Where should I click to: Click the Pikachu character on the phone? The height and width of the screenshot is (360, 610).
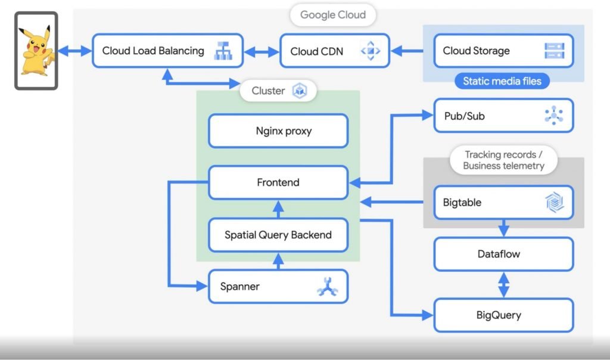pos(35,51)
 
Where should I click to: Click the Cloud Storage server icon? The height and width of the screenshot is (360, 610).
pos(554,51)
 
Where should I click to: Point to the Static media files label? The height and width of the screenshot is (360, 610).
pos(502,81)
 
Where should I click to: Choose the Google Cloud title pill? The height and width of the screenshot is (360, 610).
pos(332,15)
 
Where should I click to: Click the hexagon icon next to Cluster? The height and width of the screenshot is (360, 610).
pos(299,91)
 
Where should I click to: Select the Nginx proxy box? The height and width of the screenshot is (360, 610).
pos(278,131)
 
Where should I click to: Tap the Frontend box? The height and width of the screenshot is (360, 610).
pos(278,182)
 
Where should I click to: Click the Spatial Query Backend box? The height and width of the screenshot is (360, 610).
pos(278,235)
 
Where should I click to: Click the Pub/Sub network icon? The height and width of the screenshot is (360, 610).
pos(554,116)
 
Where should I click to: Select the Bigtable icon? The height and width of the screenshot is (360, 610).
pos(554,203)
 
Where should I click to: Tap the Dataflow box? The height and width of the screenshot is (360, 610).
pos(503,254)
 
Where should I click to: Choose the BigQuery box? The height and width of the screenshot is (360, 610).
pos(503,315)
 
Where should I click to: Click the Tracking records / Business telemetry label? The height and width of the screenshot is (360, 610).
pos(503,160)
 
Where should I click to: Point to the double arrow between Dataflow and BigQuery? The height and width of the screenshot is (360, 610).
pos(504,284)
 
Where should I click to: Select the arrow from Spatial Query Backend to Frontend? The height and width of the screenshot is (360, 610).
pos(278,208)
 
